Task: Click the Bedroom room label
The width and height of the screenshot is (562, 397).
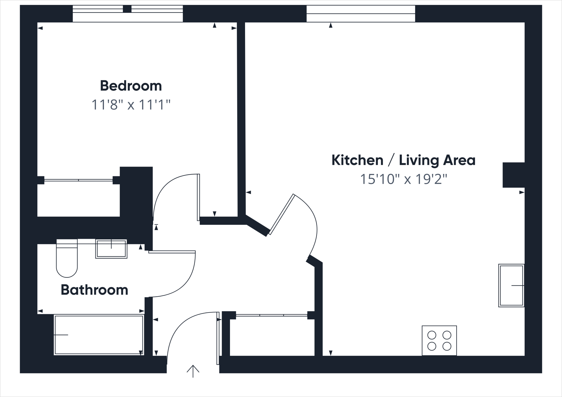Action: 131,86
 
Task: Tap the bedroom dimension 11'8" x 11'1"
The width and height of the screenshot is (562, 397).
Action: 131,105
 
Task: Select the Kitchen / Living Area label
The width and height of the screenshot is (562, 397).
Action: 403,160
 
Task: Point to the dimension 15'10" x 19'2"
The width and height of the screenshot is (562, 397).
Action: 403,179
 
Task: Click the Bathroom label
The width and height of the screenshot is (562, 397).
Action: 94,290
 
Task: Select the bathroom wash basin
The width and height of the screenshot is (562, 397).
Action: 111,249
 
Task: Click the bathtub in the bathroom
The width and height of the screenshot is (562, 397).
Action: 99,335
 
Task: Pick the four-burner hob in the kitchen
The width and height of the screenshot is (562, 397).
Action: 439,341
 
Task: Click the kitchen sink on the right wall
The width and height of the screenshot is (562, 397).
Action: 511,285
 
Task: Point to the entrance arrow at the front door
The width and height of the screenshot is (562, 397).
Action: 193,371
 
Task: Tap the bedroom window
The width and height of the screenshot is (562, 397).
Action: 128,13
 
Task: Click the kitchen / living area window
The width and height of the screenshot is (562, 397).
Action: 361,13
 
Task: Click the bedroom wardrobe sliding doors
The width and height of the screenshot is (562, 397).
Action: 78,180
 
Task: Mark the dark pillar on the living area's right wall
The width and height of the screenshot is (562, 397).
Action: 513,175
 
